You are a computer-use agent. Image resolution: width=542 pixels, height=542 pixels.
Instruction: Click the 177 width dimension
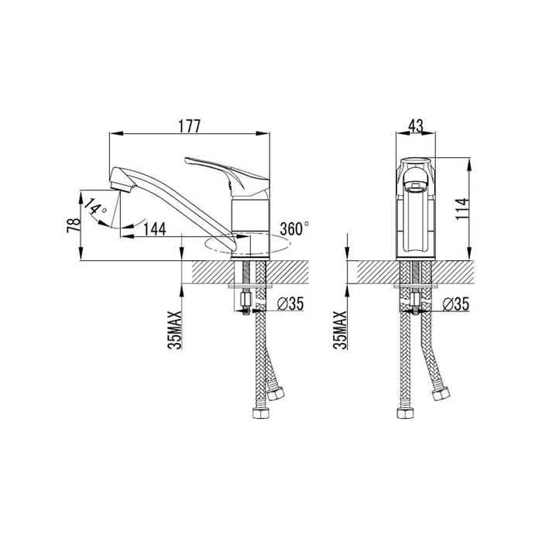tap(189, 126)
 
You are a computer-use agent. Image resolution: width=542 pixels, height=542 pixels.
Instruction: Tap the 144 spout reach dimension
tap(155, 229)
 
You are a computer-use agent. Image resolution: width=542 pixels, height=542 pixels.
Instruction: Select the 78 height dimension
tap(74, 225)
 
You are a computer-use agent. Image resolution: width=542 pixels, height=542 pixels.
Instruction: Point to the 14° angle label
tap(95, 207)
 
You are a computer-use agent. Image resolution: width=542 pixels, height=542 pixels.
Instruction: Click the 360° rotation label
tap(294, 228)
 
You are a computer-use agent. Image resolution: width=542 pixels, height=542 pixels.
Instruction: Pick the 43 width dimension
tap(416, 126)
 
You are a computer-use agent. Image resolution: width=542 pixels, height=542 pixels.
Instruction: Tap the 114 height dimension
tap(461, 208)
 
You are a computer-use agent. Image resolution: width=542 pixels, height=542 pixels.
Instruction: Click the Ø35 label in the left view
tap(290, 304)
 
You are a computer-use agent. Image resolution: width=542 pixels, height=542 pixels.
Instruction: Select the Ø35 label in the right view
tap(456, 304)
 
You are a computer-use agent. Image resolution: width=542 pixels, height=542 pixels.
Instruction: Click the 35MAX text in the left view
tap(177, 330)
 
